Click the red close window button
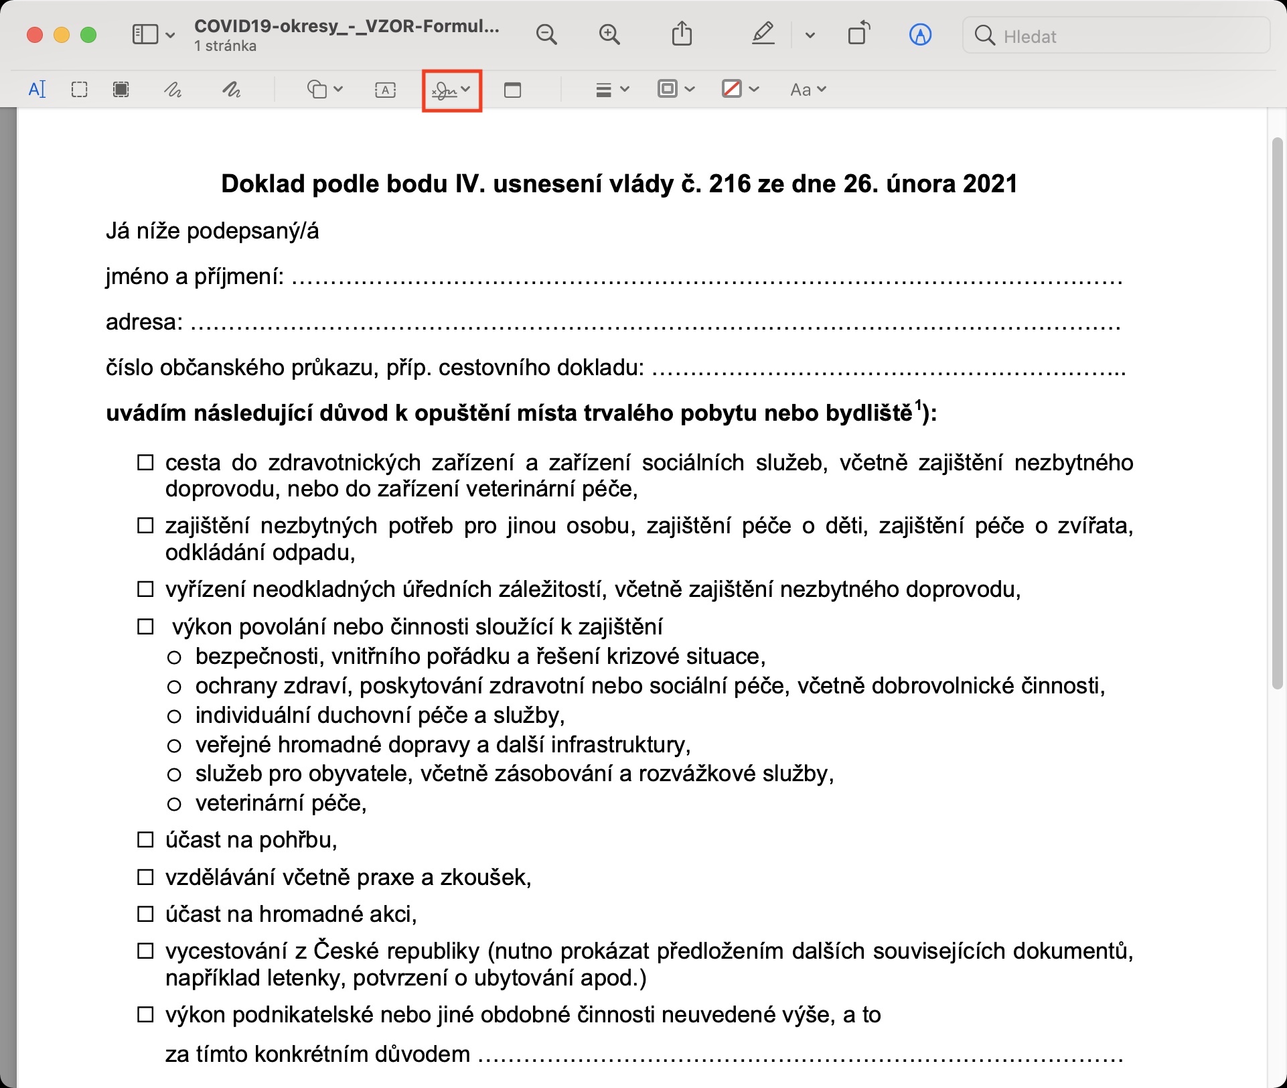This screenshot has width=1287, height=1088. tap(35, 35)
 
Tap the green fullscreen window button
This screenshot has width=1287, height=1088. tap(88, 35)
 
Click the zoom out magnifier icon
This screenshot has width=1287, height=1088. tap(546, 35)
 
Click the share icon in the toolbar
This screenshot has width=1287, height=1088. tap(682, 34)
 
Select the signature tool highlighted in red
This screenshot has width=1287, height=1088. tap(451, 90)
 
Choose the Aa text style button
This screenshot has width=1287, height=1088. tap(808, 90)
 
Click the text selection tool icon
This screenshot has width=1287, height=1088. tap(37, 89)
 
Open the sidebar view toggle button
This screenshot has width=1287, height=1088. tap(153, 35)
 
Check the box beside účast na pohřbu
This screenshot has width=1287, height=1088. tap(145, 840)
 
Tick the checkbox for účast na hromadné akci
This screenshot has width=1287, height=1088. tap(145, 914)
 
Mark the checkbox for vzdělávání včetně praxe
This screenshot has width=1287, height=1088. tap(145, 877)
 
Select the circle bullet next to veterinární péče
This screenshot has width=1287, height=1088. tap(174, 804)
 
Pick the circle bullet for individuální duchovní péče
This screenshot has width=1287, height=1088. tap(174, 717)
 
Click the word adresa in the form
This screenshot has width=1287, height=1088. tap(143, 322)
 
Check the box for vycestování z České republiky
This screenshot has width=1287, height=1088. tap(145, 951)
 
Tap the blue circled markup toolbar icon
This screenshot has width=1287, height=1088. tap(920, 35)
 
